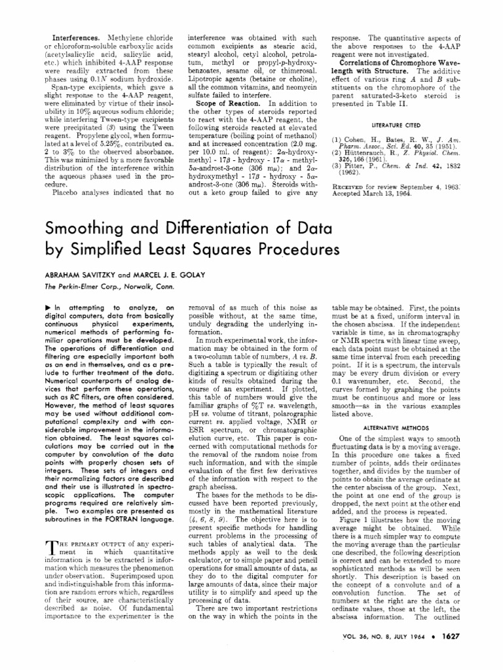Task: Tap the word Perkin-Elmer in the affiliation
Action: click(73, 287)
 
